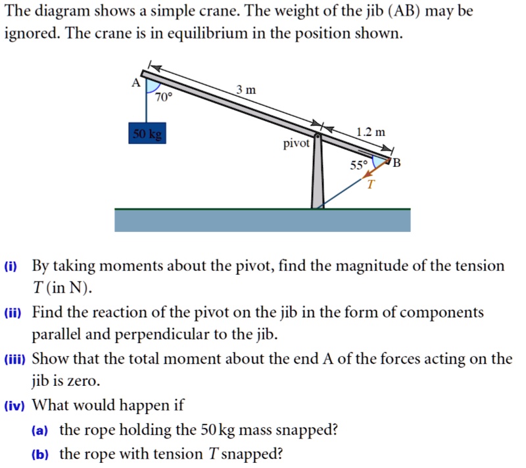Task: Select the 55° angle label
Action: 356,166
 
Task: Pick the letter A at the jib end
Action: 135,83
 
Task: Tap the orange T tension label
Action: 370,185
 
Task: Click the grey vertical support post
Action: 318,177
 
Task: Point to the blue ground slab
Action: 262,220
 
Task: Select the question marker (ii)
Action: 12,314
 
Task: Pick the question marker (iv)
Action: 13,406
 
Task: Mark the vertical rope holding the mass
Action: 147,106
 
